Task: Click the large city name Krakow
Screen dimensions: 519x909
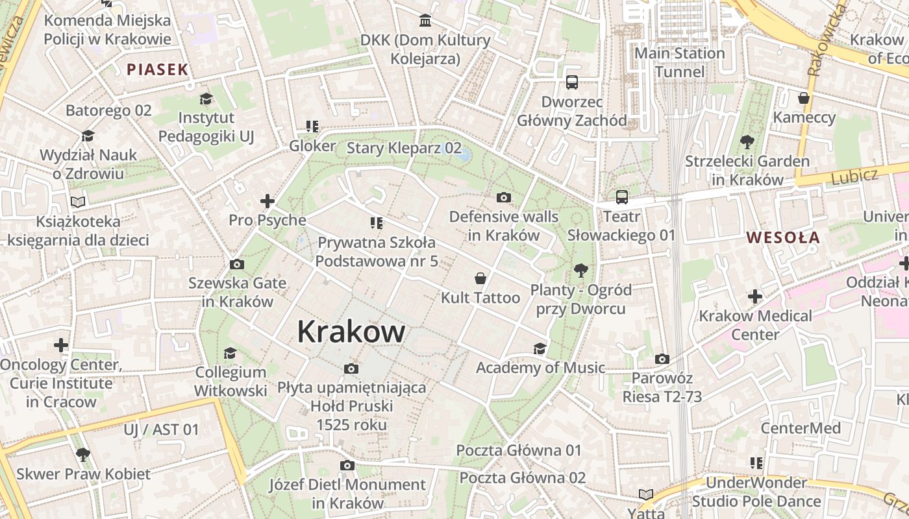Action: click(x=351, y=332)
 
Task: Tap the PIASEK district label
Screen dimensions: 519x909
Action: click(x=157, y=69)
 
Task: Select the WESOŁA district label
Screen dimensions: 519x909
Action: click(x=782, y=237)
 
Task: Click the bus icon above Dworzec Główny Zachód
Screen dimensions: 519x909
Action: click(x=572, y=82)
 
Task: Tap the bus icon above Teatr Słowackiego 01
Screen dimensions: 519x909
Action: click(x=621, y=197)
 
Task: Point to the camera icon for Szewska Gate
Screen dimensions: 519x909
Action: click(x=237, y=264)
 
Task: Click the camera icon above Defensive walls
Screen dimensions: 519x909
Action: click(x=503, y=197)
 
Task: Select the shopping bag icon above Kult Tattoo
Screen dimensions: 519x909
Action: click(x=480, y=278)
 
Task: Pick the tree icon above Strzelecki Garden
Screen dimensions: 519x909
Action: click(x=747, y=141)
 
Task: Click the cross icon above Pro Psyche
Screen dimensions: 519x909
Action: click(x=267, y=201)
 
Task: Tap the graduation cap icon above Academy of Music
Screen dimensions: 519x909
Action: click(x=540, y=349)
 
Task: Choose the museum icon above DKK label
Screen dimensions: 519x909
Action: click(x=425, y=21)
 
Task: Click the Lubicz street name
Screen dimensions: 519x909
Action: click(x=854, y=175)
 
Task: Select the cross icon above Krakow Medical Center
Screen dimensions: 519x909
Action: click(x=754, y=297)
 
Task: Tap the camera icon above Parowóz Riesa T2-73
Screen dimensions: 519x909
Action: click(x=662, y=359)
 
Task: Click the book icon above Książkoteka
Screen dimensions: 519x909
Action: click(x=78, y=202)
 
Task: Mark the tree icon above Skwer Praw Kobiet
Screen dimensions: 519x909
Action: click(x=82, y=455)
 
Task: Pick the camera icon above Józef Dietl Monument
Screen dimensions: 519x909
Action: click(x=347, y=465)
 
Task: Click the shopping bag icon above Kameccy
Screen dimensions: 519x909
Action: click(x=804, y=98)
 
